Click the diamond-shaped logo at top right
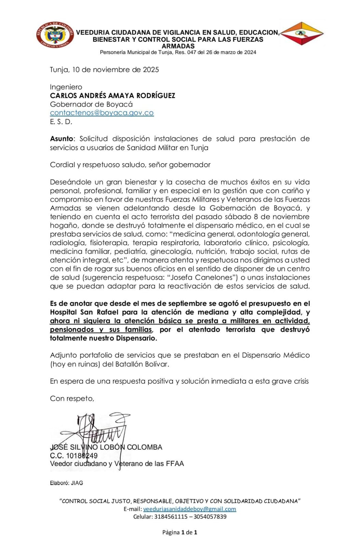coord(302,34)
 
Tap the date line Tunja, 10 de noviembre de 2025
coord(104,70)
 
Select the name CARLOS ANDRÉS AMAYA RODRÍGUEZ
coord(112,96)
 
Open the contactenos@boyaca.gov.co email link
coord(102,113)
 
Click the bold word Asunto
coord(62,139)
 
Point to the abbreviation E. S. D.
coord(61,122)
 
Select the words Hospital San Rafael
coord(84,312)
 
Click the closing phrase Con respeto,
coord(72,399)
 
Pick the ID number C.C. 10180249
coord(74,456)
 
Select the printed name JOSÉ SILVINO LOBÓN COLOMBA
coord(106,447)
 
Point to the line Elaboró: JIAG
coord(66,483)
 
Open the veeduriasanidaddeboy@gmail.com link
coord(189,509)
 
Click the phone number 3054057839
coord(210,517)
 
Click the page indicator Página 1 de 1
coord(179,532)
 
